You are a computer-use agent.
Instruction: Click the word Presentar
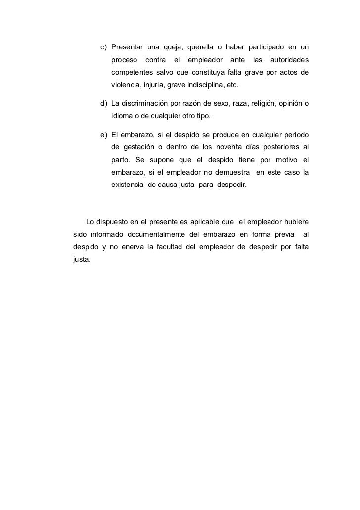pos(127,47)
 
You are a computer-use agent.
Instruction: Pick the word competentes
pos(131,73)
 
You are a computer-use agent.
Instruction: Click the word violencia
pos(125,86)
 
